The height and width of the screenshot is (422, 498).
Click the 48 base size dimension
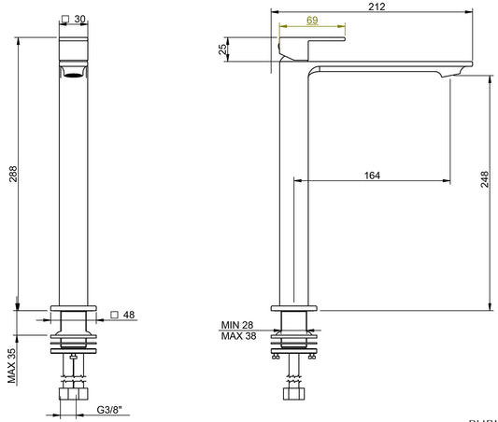pyautogui.click(x=129, y=315)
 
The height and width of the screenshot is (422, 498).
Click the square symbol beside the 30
pyautogui.click(x=64, y=19)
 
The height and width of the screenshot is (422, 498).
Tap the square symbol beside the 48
pyautogui.click(x=114, y=315)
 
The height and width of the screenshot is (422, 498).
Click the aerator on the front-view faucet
pyautogui.click(x=73, y=72)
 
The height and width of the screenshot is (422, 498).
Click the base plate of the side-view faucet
pyautogui.click(x=293, y=306)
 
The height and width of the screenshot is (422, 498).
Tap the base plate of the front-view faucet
pyautogui.click(x=73, y=306)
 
